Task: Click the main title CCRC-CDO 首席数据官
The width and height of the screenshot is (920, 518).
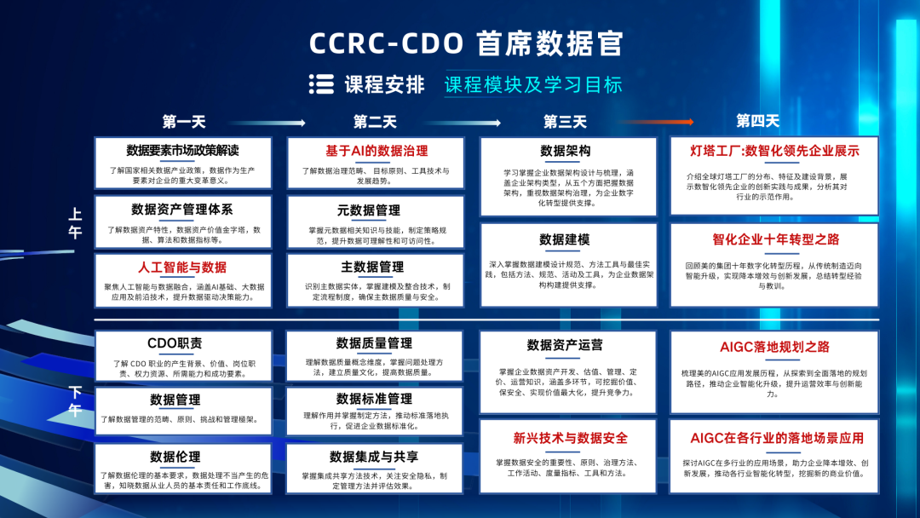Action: (x=466, y=43)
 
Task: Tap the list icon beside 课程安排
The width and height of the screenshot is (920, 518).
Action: (x=321, y=83)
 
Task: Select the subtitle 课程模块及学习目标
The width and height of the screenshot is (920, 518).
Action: (x=533, y=84)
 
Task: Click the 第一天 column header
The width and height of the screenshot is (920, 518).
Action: (x=184, y=122)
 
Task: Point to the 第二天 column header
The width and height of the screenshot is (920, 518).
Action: (x=375, y=122)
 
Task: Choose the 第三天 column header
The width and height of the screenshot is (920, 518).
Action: (x=566, y=122)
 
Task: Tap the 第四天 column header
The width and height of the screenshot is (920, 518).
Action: (x=757, y=121)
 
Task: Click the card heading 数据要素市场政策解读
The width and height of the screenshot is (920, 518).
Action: (x=183, y=151)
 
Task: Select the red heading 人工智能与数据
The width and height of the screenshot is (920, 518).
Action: (x=182, y=268)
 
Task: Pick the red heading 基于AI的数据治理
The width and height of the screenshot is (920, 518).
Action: (x=376, y=151)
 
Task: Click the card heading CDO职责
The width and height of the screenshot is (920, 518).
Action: (x=175, y=343)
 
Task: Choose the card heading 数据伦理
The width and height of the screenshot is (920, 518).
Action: (x=175, y=457)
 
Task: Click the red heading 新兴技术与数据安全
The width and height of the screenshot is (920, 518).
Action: (x=570, y=438)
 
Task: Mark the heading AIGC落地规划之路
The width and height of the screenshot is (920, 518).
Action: (x=774, y=347)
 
